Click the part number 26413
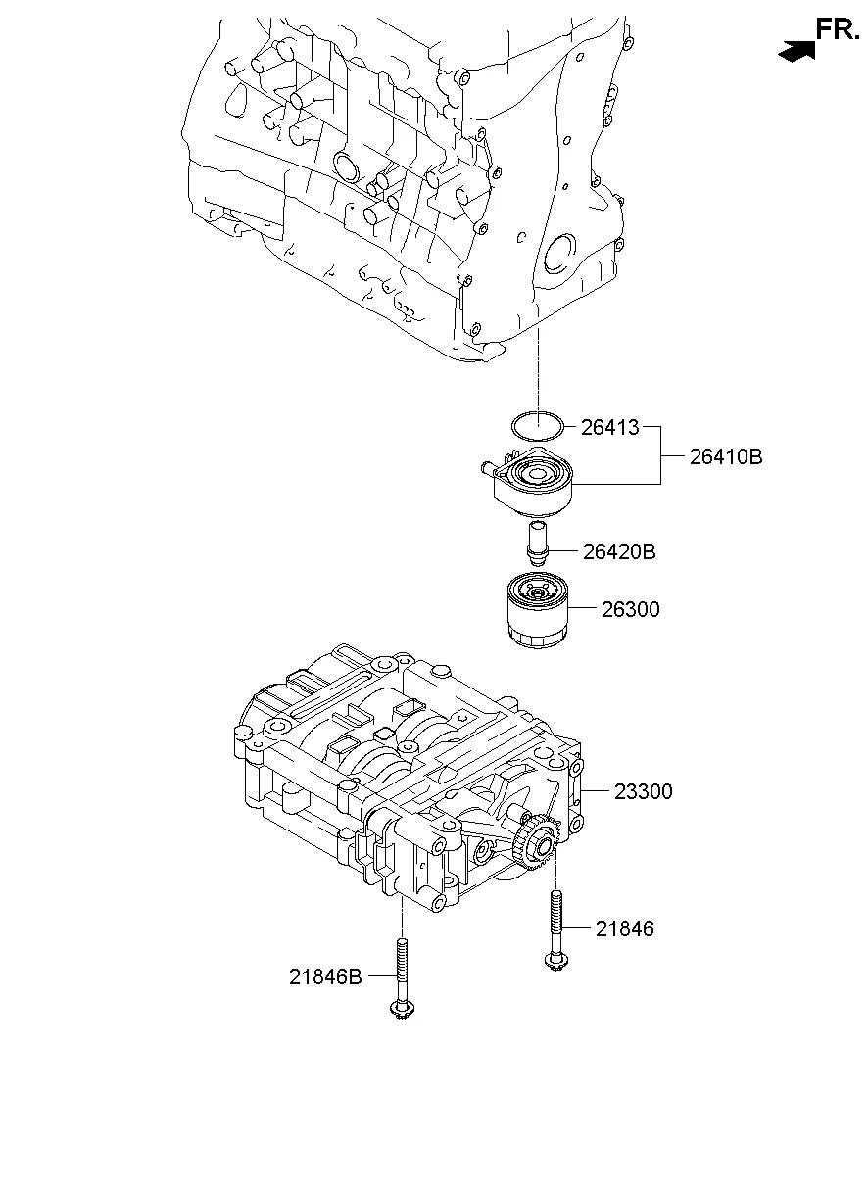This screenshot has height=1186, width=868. click(x=609, y=427)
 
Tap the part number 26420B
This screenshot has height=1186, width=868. click(x=618, y=552)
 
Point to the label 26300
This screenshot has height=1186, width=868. click(x=631, y=610)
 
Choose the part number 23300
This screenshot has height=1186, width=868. click(x=644, y=791)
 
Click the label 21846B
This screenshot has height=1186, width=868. click(x=325, y=976)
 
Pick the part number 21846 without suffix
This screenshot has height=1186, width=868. click(x=624, y=928)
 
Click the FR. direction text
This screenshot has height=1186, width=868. click(x=838, y=29)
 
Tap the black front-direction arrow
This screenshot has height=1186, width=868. click(x=797, y=51)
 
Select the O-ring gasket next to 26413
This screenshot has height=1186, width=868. click(x=538, y=426)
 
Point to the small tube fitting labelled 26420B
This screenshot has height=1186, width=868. click(x=536, y=542)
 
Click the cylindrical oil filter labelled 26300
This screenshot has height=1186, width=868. click(x=537, y=611)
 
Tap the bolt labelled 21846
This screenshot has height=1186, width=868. click(x=555, y=925)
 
